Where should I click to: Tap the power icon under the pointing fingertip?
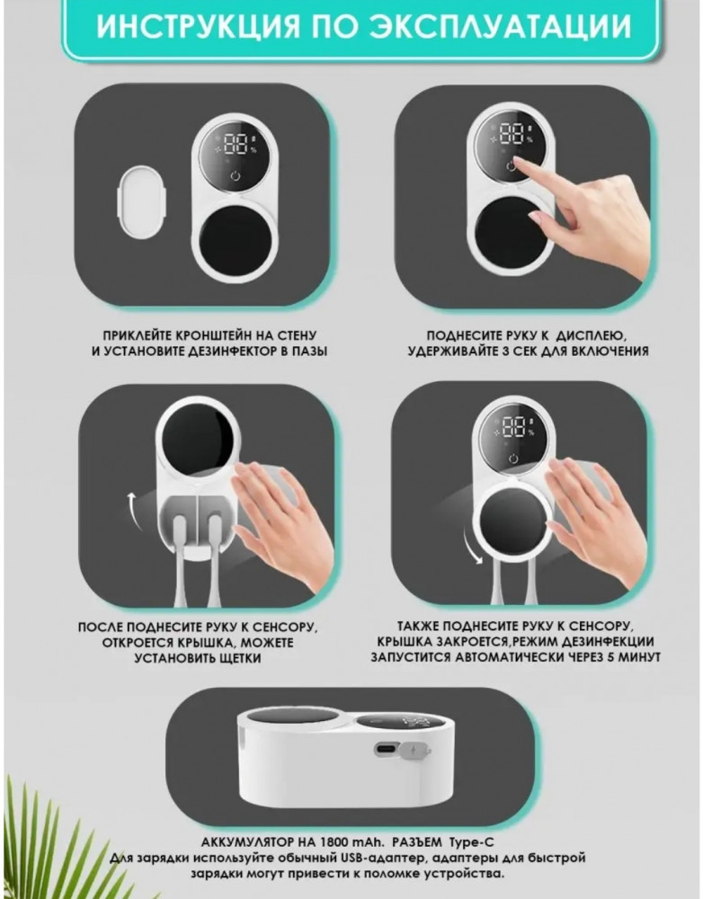coord(511,166)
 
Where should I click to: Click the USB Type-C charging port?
coord(385,750)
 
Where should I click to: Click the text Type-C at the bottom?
coord(471,843)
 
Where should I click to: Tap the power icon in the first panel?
coord(236,176)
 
